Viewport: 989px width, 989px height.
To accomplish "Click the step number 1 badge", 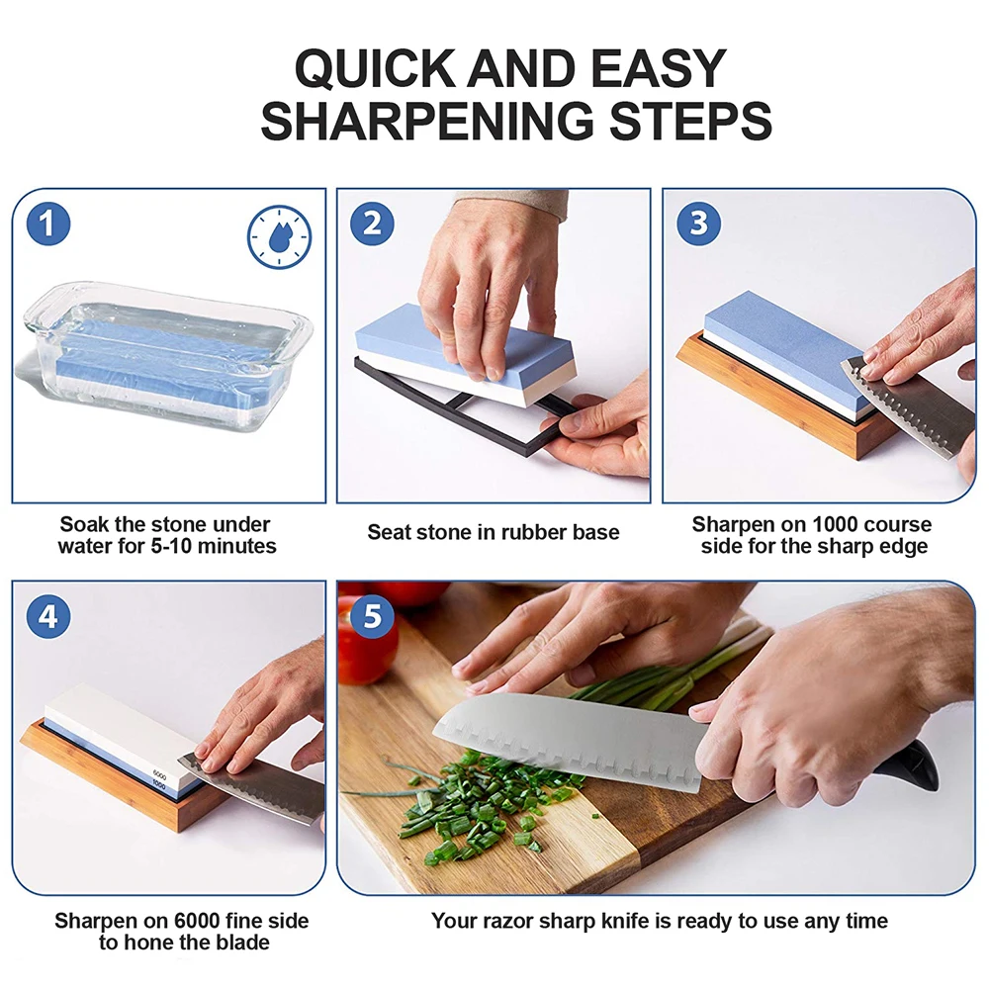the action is point(47,224).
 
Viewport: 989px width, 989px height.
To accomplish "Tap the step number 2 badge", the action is point(372,224).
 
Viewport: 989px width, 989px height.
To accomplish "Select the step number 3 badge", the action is point(698,224).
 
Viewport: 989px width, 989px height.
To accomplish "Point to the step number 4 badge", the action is point(47,616).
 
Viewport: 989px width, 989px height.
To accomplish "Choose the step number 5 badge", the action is point(372,616).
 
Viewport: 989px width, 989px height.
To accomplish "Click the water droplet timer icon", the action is point(279,236).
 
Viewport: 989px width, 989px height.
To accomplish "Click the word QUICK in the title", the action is point(375,69).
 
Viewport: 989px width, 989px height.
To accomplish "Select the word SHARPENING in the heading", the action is point(427,121).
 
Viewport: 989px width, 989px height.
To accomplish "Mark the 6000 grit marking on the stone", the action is point(159,774).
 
